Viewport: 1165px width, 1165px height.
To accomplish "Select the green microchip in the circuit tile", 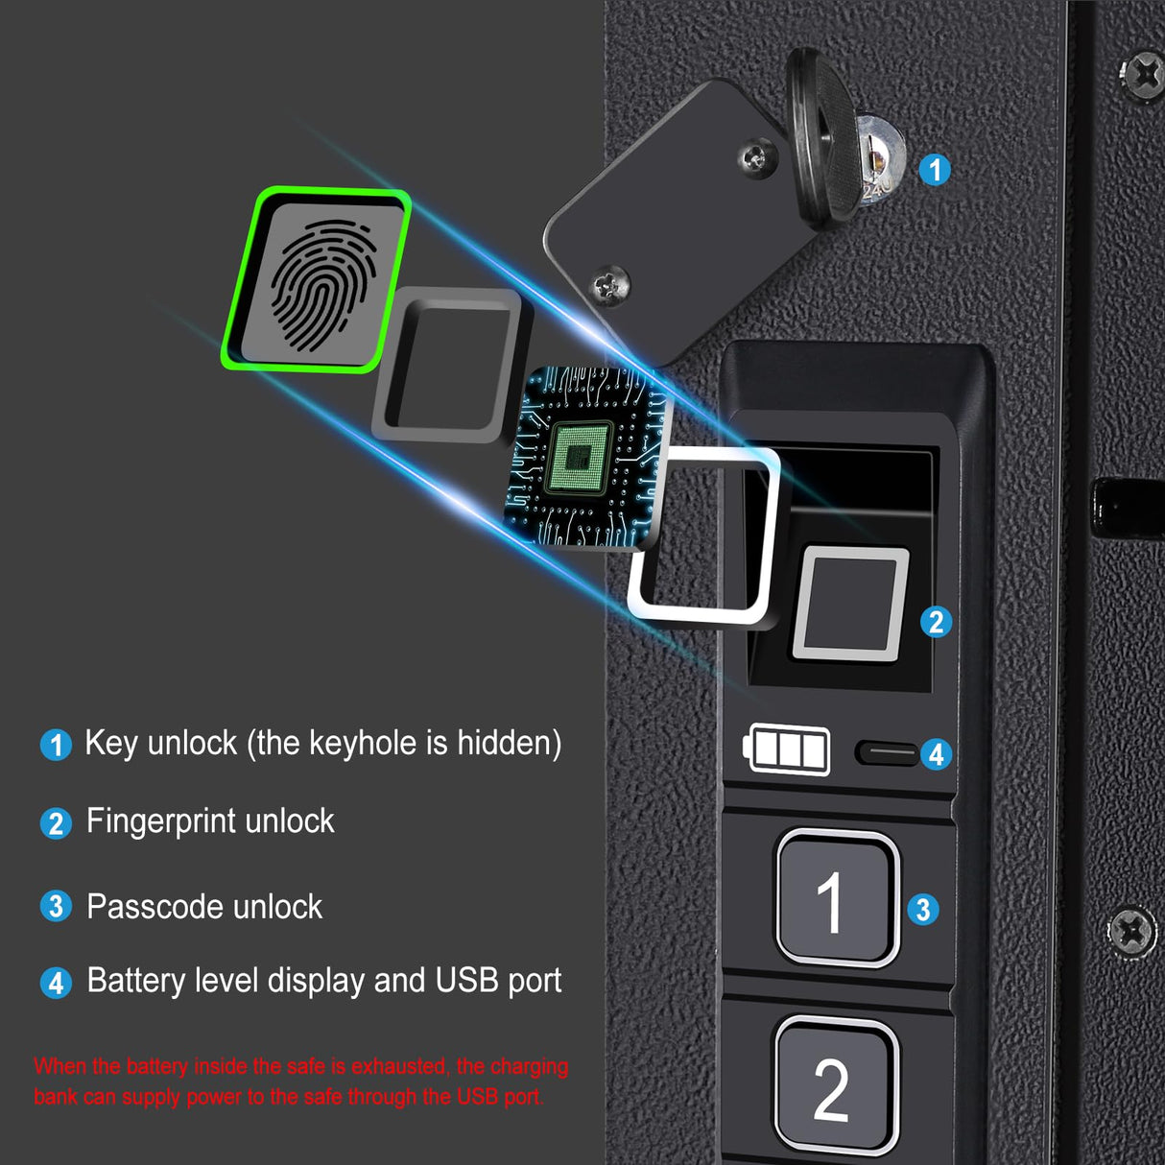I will [x=579, y=458].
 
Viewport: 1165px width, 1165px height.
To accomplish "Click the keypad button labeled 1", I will [x=835, y=898].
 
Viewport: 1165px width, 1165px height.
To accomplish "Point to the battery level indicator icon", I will [x=787, y=749].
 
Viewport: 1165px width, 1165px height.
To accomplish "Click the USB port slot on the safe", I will [x=887, y=751].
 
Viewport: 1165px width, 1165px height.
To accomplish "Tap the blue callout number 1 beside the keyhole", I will [x=935, y=170].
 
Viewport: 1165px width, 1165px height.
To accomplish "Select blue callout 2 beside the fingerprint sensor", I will [x=936, y=622].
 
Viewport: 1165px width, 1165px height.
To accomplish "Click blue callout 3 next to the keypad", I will [x=923, y=909].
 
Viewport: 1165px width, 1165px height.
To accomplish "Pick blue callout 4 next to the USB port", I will [x=936, y=754].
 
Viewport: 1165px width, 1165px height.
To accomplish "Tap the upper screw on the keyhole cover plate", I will [x=756, y=157].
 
